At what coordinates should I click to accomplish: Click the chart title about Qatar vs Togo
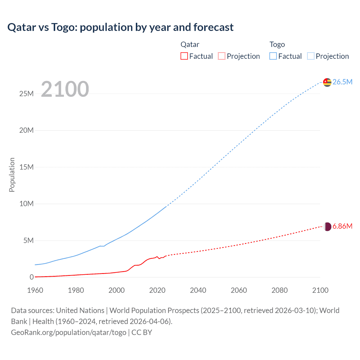[x=120, y=27]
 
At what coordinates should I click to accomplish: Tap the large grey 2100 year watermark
[x=65, y=89]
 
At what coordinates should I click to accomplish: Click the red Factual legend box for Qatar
[x=184, y=56]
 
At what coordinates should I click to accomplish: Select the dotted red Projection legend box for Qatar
[x=222, y=56]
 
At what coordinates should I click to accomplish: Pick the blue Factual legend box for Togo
[x=273, y=56]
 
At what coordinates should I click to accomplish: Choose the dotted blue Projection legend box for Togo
[x=311, y=56]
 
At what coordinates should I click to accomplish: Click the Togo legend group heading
[x=277, y=44]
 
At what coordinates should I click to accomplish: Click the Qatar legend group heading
[x=190, y=44]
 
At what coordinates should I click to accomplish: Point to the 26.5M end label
[x=342, y=82]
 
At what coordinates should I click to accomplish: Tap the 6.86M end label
[x=342, y=226]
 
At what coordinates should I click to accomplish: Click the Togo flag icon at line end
[x=327, y=82]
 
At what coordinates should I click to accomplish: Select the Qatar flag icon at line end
[x=327, y=227]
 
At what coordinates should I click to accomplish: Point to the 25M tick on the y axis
[x=26, y=94]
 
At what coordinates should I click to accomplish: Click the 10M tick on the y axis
[x=26, y=204]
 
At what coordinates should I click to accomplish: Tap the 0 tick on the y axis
[x=31, y=277]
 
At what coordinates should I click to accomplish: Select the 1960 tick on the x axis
[x=35, y=290]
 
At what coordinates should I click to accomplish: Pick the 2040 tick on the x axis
[x=198, y=290]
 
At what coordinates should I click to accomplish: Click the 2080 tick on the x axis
[x=280, y=290]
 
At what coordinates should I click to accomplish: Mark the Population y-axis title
[x=12, y=175]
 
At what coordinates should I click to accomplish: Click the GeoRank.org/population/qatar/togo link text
[x=69, y=332]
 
